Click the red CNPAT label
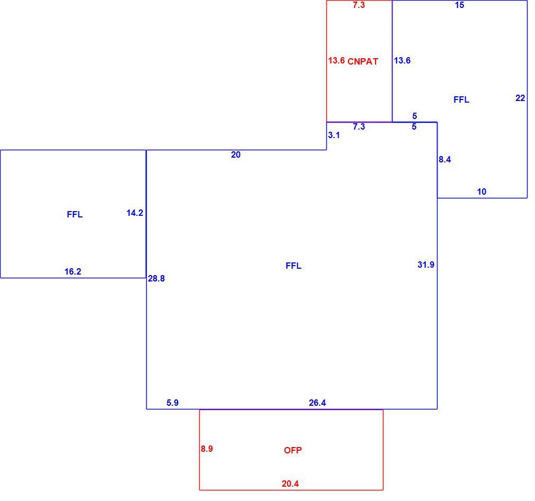point(363,61)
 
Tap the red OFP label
point(293,450)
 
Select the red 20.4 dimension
point(290,484)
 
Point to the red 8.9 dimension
point(207,449)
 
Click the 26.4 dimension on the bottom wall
point(317,403)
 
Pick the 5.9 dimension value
point(173,403)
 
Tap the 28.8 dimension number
point(156,278)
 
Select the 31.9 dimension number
point(426,265)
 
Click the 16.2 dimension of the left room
point(73,271)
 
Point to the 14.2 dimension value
point(135,213)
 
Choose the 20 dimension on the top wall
point(236,154)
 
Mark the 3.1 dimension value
point(334,135)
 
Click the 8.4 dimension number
point(445,159)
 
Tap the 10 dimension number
point(482,192)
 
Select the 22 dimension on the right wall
point(520,98)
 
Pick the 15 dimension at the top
point(460,5)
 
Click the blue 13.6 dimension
point(402,60)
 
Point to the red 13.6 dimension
point(336,60)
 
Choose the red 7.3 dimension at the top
point(359,5)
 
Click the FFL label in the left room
point(75,214)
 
